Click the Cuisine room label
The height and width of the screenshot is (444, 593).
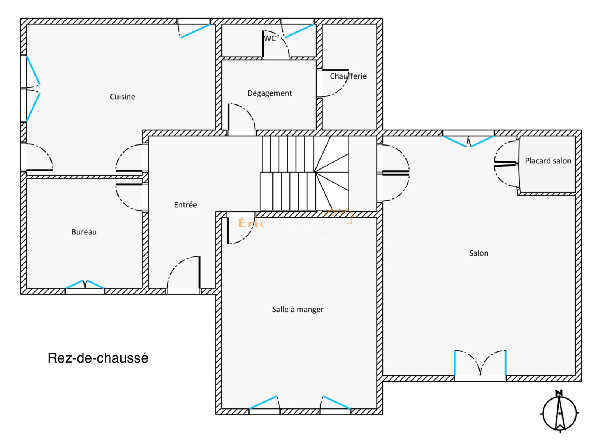122,97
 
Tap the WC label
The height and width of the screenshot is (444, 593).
270,39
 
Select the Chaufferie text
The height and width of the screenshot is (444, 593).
348,76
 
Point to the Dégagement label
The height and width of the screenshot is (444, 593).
269,93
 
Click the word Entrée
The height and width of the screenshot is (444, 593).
185,205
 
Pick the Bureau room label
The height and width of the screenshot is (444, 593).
84,232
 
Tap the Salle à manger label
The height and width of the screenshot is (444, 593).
298,310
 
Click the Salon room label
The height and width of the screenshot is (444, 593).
478,253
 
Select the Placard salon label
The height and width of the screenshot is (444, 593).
548,161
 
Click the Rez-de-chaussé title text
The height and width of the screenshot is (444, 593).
98,358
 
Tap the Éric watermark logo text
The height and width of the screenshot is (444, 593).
252,223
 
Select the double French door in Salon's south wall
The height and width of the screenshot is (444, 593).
480,365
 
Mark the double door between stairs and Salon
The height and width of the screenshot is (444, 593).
394,173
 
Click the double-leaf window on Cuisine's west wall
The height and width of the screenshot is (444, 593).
32,89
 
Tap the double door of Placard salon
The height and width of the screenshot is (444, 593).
506,164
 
